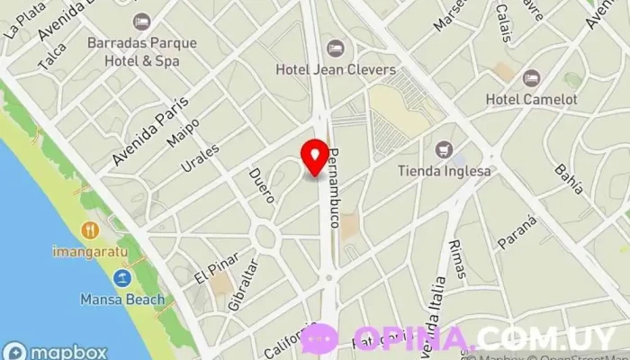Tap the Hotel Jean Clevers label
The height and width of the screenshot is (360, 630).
pyautogui.click(x=335, y=69)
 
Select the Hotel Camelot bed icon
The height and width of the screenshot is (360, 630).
pyautogui.click(x=531, y=77)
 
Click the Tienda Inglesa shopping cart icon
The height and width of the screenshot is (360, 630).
pyautogui.click(x=443, y=149)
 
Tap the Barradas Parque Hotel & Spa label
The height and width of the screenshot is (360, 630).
pyautogui.click(x=134, y=51)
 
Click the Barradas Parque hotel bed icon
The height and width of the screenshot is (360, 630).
pyautogui.click(x=141, y=21)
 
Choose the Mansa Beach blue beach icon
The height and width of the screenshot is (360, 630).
pyautogui.click(x=122, y=279)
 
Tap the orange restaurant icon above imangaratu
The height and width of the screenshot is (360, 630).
pyautogui.click(x=89, y=230)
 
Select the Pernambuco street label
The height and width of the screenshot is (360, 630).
pyautogui.click(x=335, y=187)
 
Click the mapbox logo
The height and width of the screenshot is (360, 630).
pyautogui.click(x=56, y=351)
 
